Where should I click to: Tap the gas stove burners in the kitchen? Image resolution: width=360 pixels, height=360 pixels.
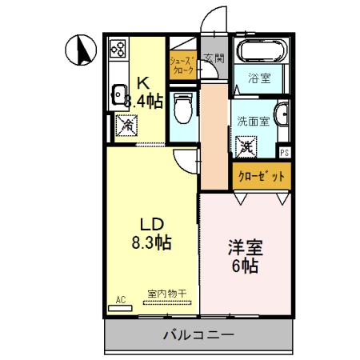pyautogui.click(x=118, y=49)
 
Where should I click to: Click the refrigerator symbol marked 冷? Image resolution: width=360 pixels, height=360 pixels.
pyautogui.click(x=126, y=125)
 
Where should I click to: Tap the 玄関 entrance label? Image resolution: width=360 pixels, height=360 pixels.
pyautogui.click(x=214, y=58)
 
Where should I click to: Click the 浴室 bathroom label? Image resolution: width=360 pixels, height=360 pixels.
pyautogui.click(x=258, y=80)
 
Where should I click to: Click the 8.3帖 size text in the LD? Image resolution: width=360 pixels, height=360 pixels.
pyautogui.click(x=149, y=239)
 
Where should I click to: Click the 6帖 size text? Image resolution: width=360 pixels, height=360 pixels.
pyautogui.click(x=245, y=266)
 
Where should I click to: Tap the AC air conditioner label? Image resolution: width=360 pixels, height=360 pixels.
pyautogui.click(x=121, y=300)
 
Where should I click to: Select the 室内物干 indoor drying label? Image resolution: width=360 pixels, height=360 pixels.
pyautogui.click(x=166, y=294)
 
